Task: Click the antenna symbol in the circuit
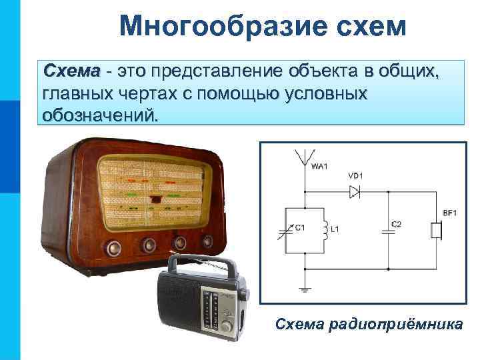point(305,158)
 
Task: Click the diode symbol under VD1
point(355,191)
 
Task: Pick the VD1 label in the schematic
point(355,176)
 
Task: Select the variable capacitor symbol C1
point(287,231)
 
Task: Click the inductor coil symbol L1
point(325,231)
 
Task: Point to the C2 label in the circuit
point(396,224)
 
